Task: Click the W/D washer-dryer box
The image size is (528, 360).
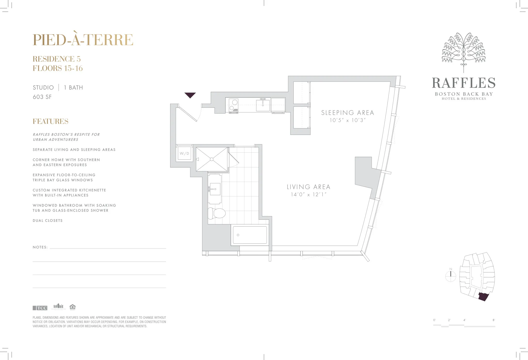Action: (x=184, y=153)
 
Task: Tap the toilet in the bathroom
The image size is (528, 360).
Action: (x=217, y=213)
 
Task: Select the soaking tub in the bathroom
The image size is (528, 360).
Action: (x=250, y=235)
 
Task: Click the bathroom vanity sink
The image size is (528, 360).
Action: (x=215, y=189)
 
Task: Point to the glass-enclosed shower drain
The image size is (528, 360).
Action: (x=212, y=159)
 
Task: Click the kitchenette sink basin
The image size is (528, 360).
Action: (x=263, y=105)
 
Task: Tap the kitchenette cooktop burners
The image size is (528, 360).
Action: (x=233, y=105)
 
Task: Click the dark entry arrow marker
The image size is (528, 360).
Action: (x=190, y=95)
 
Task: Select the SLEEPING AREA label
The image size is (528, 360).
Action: (x=347, y=113)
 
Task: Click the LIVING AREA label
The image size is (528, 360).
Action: (x=308, y=187)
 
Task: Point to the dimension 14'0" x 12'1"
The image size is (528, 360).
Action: (x=308, y=194)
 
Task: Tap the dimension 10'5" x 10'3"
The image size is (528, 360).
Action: (x=347, y=120)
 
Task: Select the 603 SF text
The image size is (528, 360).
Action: (x=42, y=97)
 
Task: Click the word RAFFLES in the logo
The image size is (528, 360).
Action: (x=464, y=83)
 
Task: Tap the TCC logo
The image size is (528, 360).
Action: (x=40, y=308)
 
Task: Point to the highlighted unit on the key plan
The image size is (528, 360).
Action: (x=483, y=297)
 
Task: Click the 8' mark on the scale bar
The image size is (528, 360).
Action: (x=494, y=320)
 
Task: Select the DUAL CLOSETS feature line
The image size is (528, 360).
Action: (x=48, y=220)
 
